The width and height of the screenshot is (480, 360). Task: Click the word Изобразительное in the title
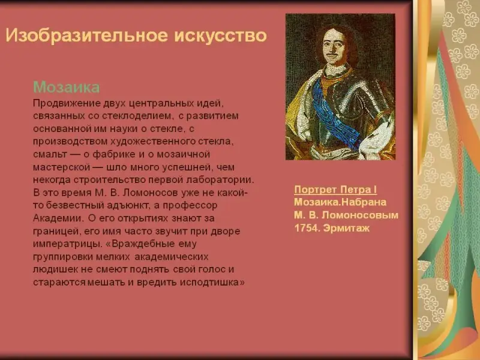pos(87,35)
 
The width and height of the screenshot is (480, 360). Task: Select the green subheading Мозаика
pos(67,87)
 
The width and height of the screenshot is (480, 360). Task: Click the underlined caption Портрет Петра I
pos(335,190)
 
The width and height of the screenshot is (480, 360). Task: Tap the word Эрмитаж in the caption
pos(347,228)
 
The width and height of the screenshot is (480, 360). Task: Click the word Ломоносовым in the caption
pos(360,215)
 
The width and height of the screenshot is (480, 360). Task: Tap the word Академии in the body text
pos(58,218)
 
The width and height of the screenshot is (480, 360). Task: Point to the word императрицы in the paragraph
pos(67,244)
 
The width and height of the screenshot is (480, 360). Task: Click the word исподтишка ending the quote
pos(212,282)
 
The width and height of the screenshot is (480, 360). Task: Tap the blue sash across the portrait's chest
pos(334,113)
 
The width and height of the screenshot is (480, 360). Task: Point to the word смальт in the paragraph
pos(50,154)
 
